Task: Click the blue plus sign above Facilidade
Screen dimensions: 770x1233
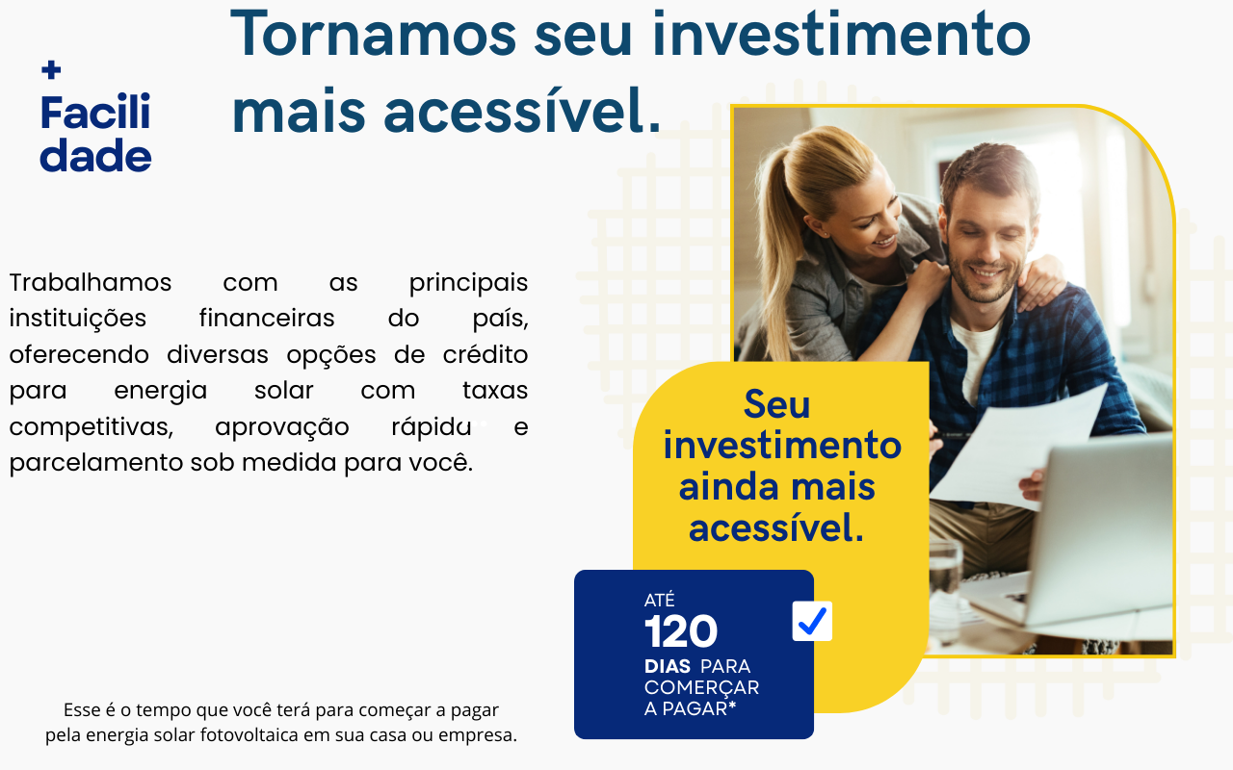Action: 52,69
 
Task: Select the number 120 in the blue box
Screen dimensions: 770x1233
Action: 681,632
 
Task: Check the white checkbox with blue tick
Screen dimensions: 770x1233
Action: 812,622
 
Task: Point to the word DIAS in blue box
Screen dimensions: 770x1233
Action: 668,666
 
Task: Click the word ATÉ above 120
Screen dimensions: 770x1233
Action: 660,601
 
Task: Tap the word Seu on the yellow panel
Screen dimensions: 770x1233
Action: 777,405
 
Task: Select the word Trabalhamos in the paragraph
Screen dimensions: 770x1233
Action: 91,283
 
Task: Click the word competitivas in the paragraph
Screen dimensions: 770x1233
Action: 91,426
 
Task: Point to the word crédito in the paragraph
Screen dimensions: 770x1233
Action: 485,354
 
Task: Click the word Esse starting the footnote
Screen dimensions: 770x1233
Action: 82,710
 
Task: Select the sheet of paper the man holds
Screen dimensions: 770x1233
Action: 1021,443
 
